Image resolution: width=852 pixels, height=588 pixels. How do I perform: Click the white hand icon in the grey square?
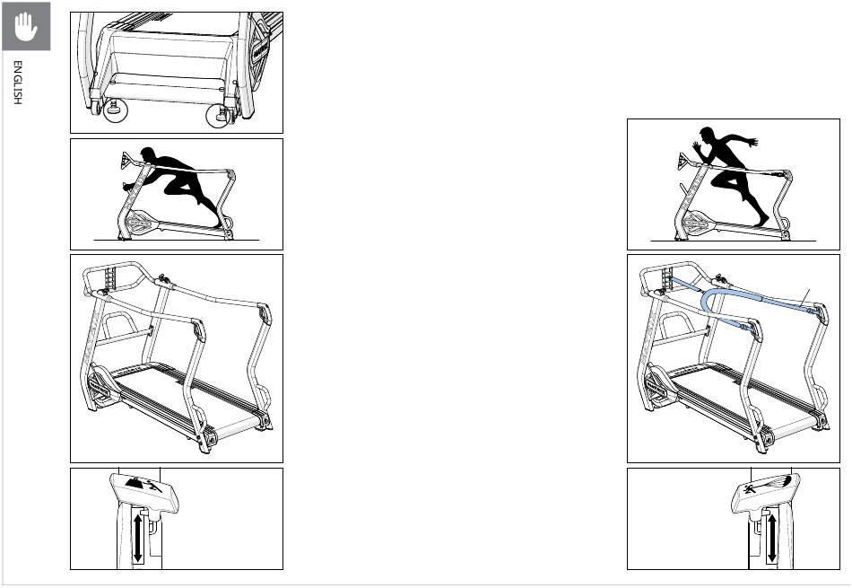tap(25, 26)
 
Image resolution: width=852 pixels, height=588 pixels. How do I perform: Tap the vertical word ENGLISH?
tap(18, 82)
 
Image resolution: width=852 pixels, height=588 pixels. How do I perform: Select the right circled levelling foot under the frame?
tap(221, 114)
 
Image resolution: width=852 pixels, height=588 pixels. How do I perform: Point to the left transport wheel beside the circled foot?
tap(96, 109)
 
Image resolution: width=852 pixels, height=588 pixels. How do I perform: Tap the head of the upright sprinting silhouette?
tap(707, 135)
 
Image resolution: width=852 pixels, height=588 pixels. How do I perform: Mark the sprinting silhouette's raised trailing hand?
tap(752, 143)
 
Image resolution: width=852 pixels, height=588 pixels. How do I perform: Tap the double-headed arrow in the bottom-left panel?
tap(138, 539)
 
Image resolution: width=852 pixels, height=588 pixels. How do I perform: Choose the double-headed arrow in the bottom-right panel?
tap(772, 538)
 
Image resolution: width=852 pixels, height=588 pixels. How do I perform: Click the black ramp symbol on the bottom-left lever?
tap(135, 483)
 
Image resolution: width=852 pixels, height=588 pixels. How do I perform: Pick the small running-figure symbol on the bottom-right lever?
tap(751, 488)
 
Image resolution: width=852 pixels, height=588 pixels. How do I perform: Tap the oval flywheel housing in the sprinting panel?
tap(699, 222)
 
